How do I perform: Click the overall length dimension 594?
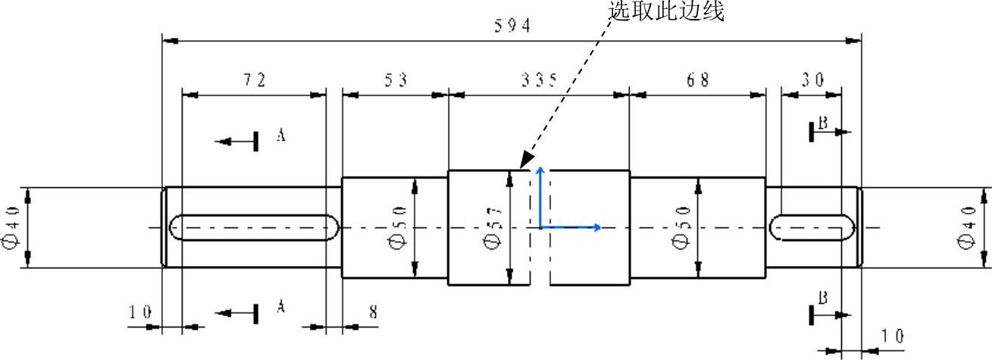tap(512, 25)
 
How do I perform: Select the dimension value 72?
tap(254, 80)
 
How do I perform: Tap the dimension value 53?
tap(395, 80)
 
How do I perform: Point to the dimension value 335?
tap(539, 80)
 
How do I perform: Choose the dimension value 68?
tap(698, 80)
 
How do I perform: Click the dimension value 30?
tap(812, 80)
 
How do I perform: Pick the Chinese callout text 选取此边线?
tap(666, 11)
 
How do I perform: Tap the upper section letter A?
tap(280, 135)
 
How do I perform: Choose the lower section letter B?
tap(823, 296)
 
